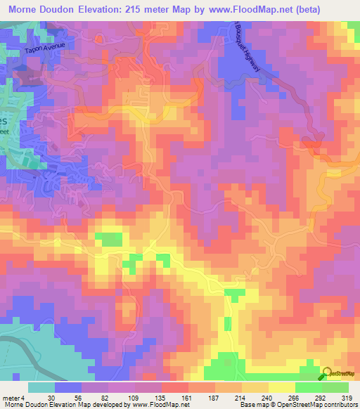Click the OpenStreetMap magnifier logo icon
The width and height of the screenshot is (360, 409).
(327, 375)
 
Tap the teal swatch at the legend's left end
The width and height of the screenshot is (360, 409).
(41, 387)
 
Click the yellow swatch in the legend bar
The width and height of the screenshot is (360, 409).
(282, 387)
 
